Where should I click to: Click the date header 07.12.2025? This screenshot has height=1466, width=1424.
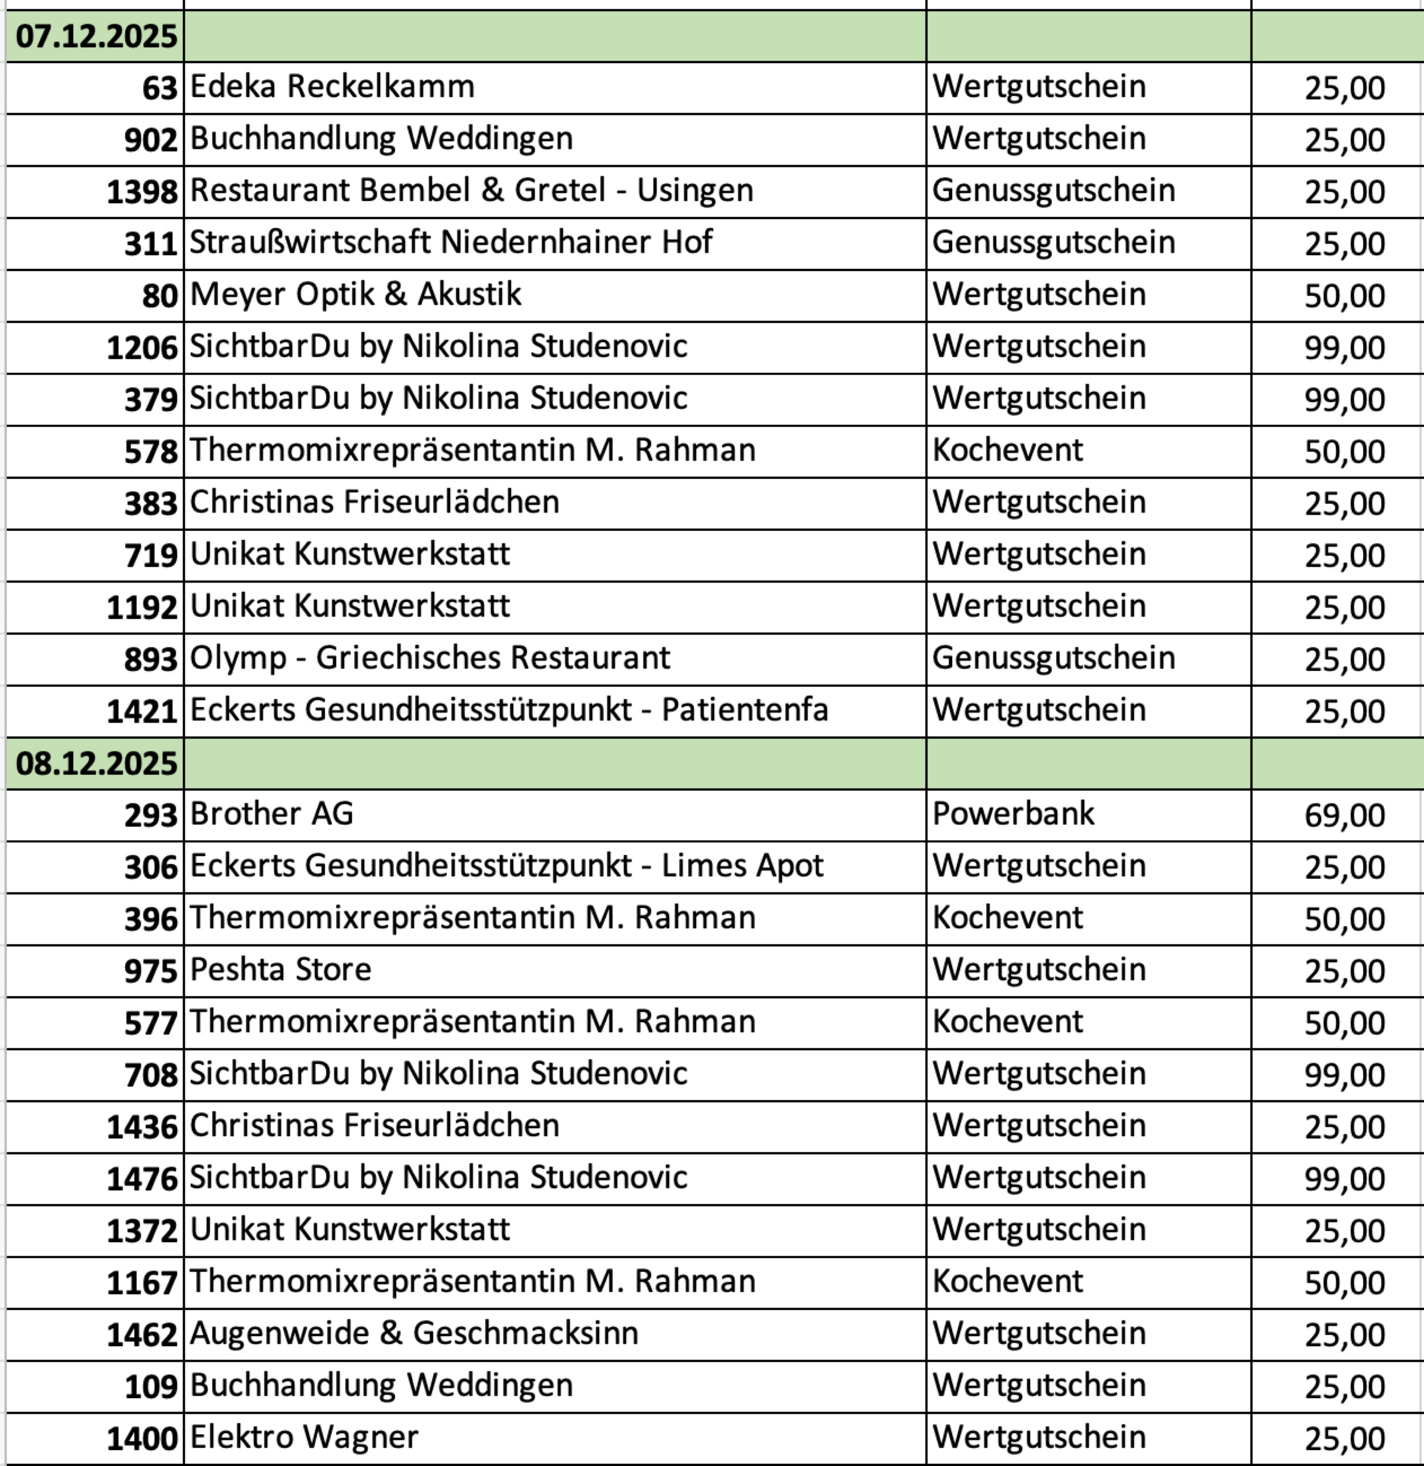tap(96, 36)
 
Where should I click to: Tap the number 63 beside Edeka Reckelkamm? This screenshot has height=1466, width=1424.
tap(159, 88)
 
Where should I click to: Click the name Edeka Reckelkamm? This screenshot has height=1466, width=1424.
tap(332, 87)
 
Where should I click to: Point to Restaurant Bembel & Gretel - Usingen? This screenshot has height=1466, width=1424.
tap(471, 191)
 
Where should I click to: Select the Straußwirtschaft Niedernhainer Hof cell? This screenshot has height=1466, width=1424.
tap(450, 243)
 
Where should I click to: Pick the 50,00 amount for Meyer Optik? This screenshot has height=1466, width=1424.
tap(1344, 296)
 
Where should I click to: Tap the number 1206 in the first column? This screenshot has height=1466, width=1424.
tap(142, 348)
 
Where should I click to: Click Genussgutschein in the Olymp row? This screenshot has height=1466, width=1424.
tap(1053, 658)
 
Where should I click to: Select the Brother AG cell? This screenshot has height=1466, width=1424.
tap(271, 814)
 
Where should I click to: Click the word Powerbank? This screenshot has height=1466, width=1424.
tap(1013, 814)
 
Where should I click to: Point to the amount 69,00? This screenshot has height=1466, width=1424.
tap(1344, 816)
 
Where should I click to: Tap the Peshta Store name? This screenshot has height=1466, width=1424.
tap(281, 970)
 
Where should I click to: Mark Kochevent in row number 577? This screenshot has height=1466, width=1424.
tap(1007, 1022)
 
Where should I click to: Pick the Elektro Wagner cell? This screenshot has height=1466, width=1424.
tap(304, 1438)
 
